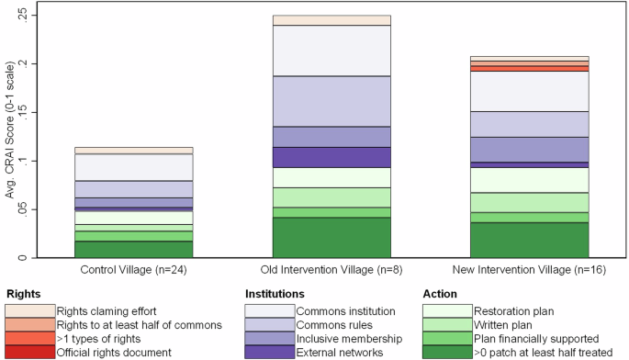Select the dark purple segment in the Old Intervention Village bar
[x=331, y=157]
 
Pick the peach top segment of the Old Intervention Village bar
[x=331, y=20]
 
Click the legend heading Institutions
[x=275, y=294]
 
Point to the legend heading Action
[x=440, y=294]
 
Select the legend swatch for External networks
[x=268, y=352]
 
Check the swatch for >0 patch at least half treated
[x=446, y=352]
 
